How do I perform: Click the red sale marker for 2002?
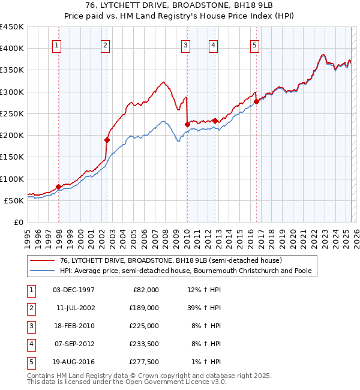click(x=107, y=140)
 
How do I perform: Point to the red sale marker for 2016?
click(x=256, y=101)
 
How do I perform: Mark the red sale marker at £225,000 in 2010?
click(x=187, y=124)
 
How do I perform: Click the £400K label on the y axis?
click(x=12, y=49)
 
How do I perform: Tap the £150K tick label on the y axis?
click(x=12, y=157)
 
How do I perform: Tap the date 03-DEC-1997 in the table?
click(x=74, y=290)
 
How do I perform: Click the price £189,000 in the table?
click(x=144, y=308)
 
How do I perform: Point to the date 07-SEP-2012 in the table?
click(x=74, y=344)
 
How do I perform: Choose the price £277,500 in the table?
click(x=144, y=362)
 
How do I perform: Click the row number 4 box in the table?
click(x=31, y=344)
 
